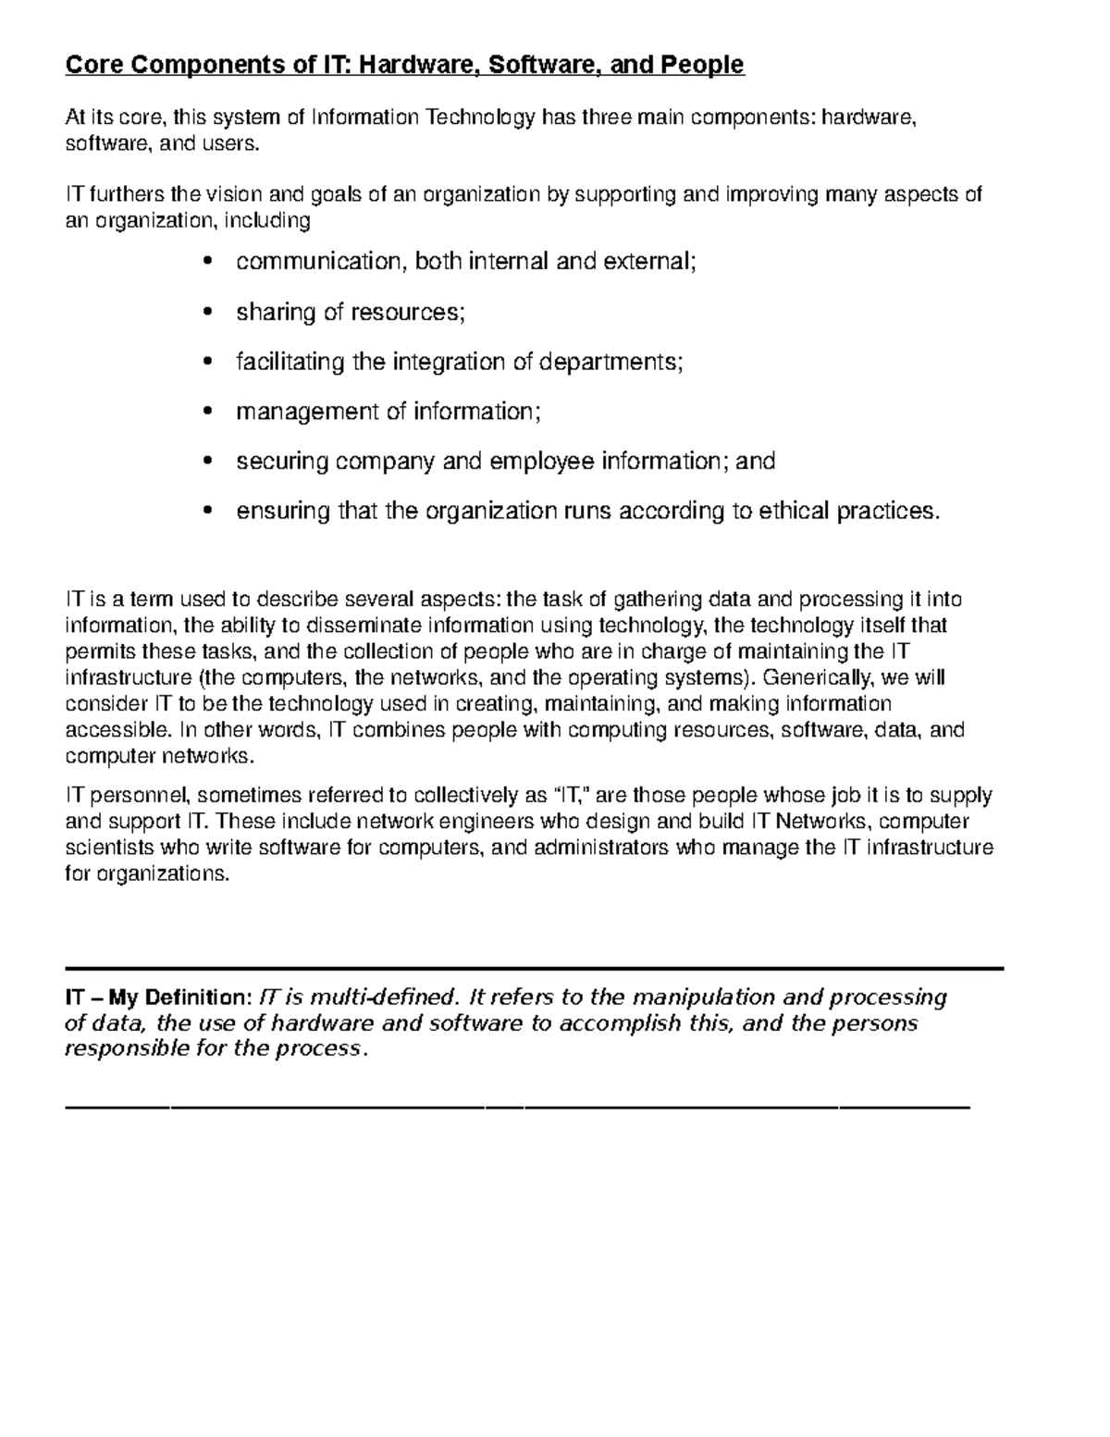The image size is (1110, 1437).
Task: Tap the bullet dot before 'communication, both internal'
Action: [x=206, y=262]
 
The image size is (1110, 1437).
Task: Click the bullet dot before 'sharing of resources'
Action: [x=206, y=312]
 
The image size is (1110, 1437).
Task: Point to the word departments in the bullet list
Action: [x=610, y=362]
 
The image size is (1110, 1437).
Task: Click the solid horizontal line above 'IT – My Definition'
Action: [x=534, y=968]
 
